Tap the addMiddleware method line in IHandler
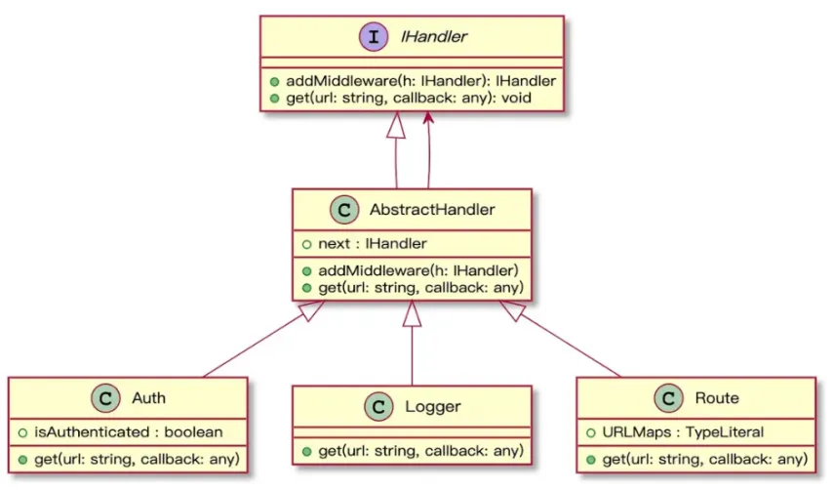click(x=410, y=82)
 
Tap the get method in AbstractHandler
click(x=413, y=287)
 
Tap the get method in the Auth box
click(x=128, y=458)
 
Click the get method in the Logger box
click(x=413, y=450)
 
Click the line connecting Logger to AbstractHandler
click(x=412, y=356)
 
